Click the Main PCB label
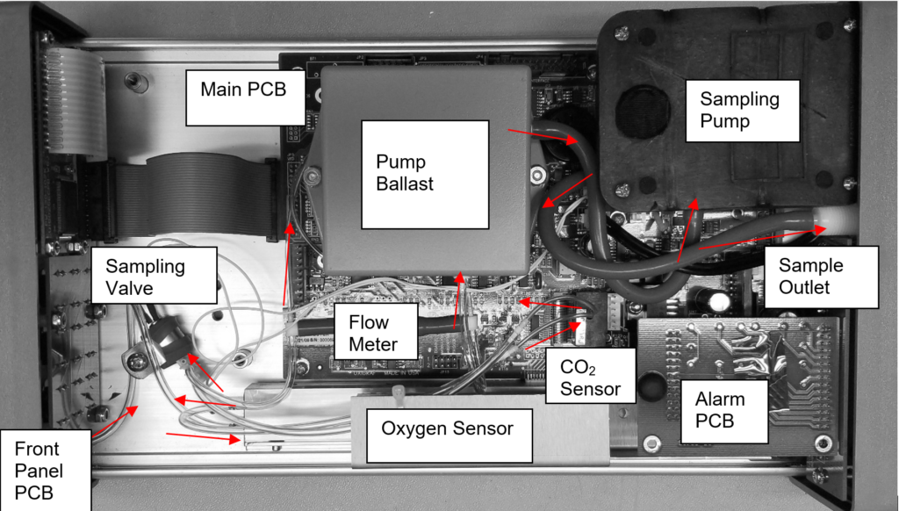click(x=243, y=90)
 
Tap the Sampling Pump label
click(x=739, y=110)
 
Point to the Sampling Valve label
click(x=146, y=276)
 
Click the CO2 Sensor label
click(x=582, y=375)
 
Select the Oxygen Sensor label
click(x=446, y=429)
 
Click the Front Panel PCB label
click(x=39, y=470)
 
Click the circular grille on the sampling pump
click(x=643, y=112)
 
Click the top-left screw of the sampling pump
click(x=622, y=32)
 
